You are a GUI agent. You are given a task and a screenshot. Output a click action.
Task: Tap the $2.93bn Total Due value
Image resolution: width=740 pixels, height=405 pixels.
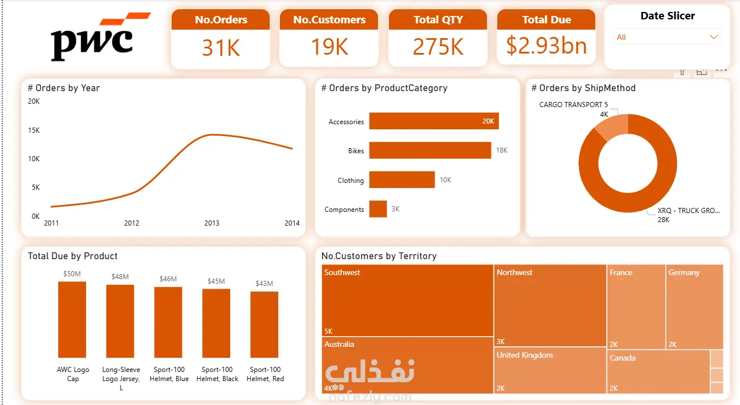click(x=546, y=46)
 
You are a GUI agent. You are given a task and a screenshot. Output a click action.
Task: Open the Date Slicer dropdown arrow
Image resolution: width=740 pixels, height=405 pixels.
click(x=713, y=37)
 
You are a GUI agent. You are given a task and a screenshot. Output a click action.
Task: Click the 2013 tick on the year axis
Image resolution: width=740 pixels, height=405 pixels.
click(x=212, y=223)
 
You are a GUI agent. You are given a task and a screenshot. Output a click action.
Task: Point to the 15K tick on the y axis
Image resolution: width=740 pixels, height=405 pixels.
click(x=34, y=130)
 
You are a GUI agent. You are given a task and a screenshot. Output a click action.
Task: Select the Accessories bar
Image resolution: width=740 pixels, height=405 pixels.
click(x=433, y=121)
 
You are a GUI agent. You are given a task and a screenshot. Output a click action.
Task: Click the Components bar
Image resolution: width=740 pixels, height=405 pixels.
click(x=378, y=209)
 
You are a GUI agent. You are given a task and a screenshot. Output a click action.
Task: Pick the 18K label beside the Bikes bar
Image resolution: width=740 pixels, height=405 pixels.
click(x=502, y=150)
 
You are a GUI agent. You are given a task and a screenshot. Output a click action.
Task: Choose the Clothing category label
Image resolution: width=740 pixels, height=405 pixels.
click(x=350, y=181)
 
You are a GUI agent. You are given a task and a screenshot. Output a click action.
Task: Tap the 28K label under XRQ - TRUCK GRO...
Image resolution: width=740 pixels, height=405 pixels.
click(x=664, y=220)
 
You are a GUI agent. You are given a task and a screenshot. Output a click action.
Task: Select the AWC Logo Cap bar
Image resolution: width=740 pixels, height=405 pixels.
click(x=72, y=319)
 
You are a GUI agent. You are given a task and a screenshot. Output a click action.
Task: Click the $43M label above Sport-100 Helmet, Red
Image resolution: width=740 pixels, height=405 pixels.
click(x=264, y=284)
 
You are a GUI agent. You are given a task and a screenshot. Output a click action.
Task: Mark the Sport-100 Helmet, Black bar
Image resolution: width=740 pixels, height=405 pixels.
click(x=217, y=323)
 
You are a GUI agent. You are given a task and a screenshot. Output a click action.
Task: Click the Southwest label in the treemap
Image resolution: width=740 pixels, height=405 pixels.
click(x=342, y=273)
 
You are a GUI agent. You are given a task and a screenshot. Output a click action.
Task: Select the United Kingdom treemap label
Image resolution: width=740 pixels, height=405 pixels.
click(x=524, y=355)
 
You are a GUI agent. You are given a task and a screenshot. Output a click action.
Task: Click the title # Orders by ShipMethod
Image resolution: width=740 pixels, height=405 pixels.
click(x=583, y=88)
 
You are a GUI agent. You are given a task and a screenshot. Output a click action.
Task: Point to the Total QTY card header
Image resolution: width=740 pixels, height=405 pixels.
click(x=438, y=20)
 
